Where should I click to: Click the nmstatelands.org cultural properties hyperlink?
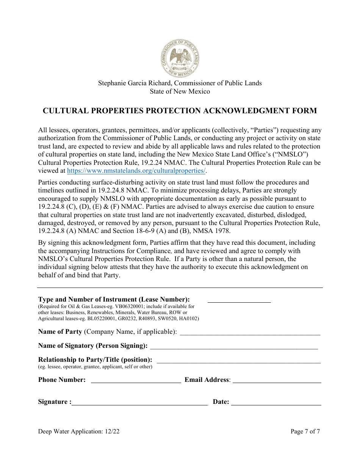[x=136, y=171]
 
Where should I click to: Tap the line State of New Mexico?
[x=180, y=91]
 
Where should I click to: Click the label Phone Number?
[x=62, y=380]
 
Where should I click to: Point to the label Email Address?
[x=207, y=380]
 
